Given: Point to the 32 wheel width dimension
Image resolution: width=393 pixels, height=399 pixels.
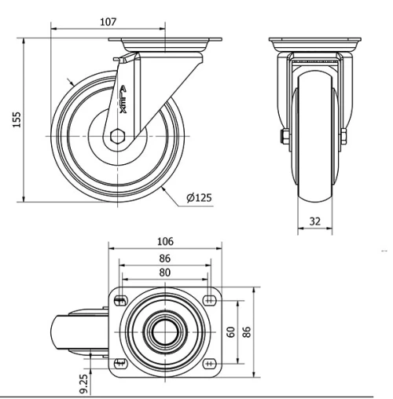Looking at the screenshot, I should (314, 222).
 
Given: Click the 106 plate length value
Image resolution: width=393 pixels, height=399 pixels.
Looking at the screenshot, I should (164, 241).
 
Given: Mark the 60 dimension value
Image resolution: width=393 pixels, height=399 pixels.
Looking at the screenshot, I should (230, 331).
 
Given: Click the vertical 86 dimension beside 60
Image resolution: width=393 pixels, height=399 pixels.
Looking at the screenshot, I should (247, 331).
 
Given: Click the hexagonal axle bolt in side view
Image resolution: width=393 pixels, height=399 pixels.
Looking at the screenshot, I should (119, 137).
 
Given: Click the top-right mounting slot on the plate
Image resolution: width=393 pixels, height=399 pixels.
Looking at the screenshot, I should (209, 299).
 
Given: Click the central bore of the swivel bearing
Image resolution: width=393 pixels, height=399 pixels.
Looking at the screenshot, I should (164, 331).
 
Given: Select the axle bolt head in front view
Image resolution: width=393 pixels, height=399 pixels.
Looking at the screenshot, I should (281, 141).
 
